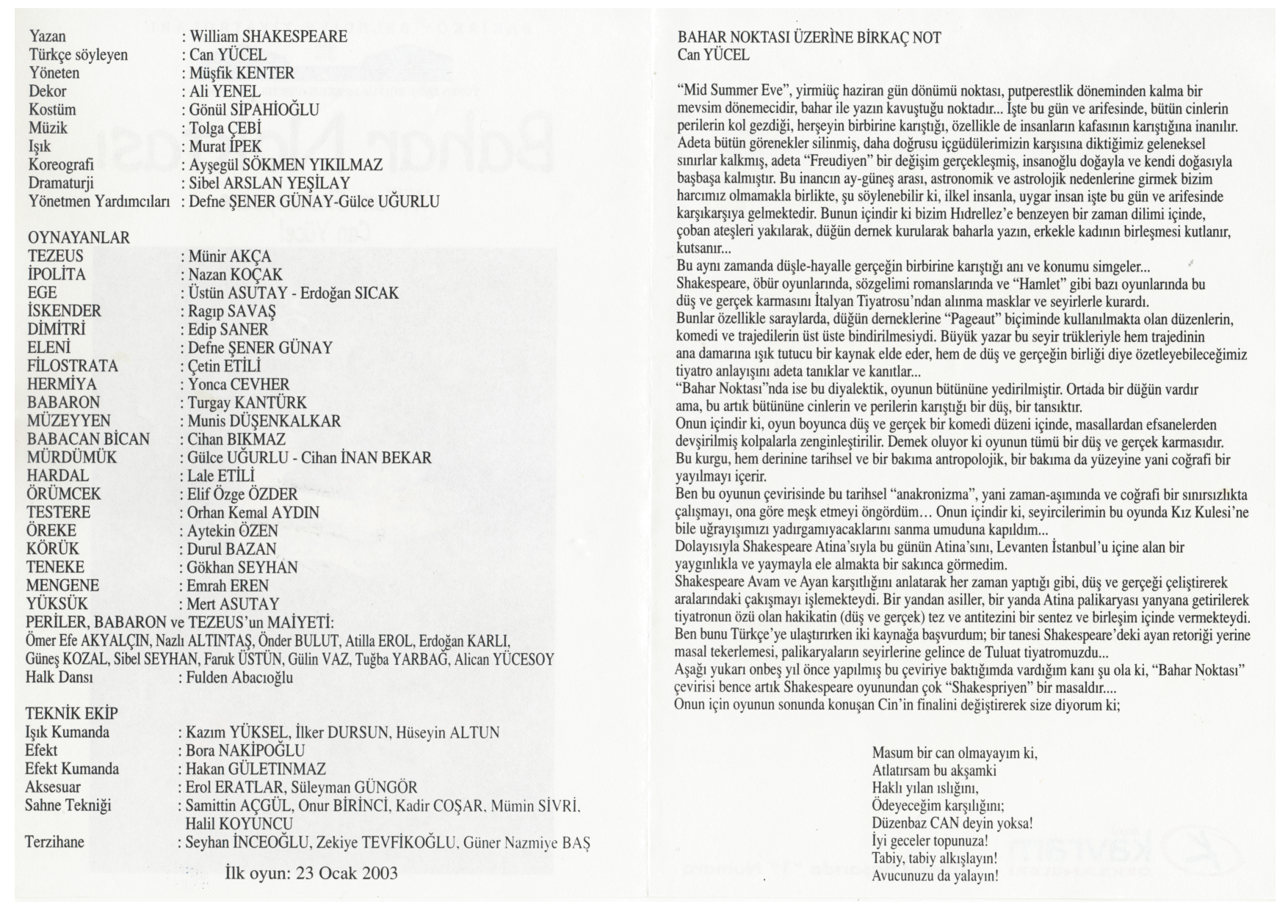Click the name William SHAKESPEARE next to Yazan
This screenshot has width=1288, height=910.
[x=268, y=37]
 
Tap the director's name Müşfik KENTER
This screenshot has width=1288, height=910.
[x=242, y=73]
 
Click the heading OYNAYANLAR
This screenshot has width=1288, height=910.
[x=79, y=238]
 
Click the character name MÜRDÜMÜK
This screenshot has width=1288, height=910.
[x=72, y=458]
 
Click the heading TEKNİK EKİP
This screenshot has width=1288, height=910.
[x=71, y=713]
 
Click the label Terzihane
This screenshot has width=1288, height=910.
[x=54, y=842]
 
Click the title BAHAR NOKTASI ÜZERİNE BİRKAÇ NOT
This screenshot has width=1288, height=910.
[x=808, y=37]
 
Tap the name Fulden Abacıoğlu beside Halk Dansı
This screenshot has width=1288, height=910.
[x=239, y=677]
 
